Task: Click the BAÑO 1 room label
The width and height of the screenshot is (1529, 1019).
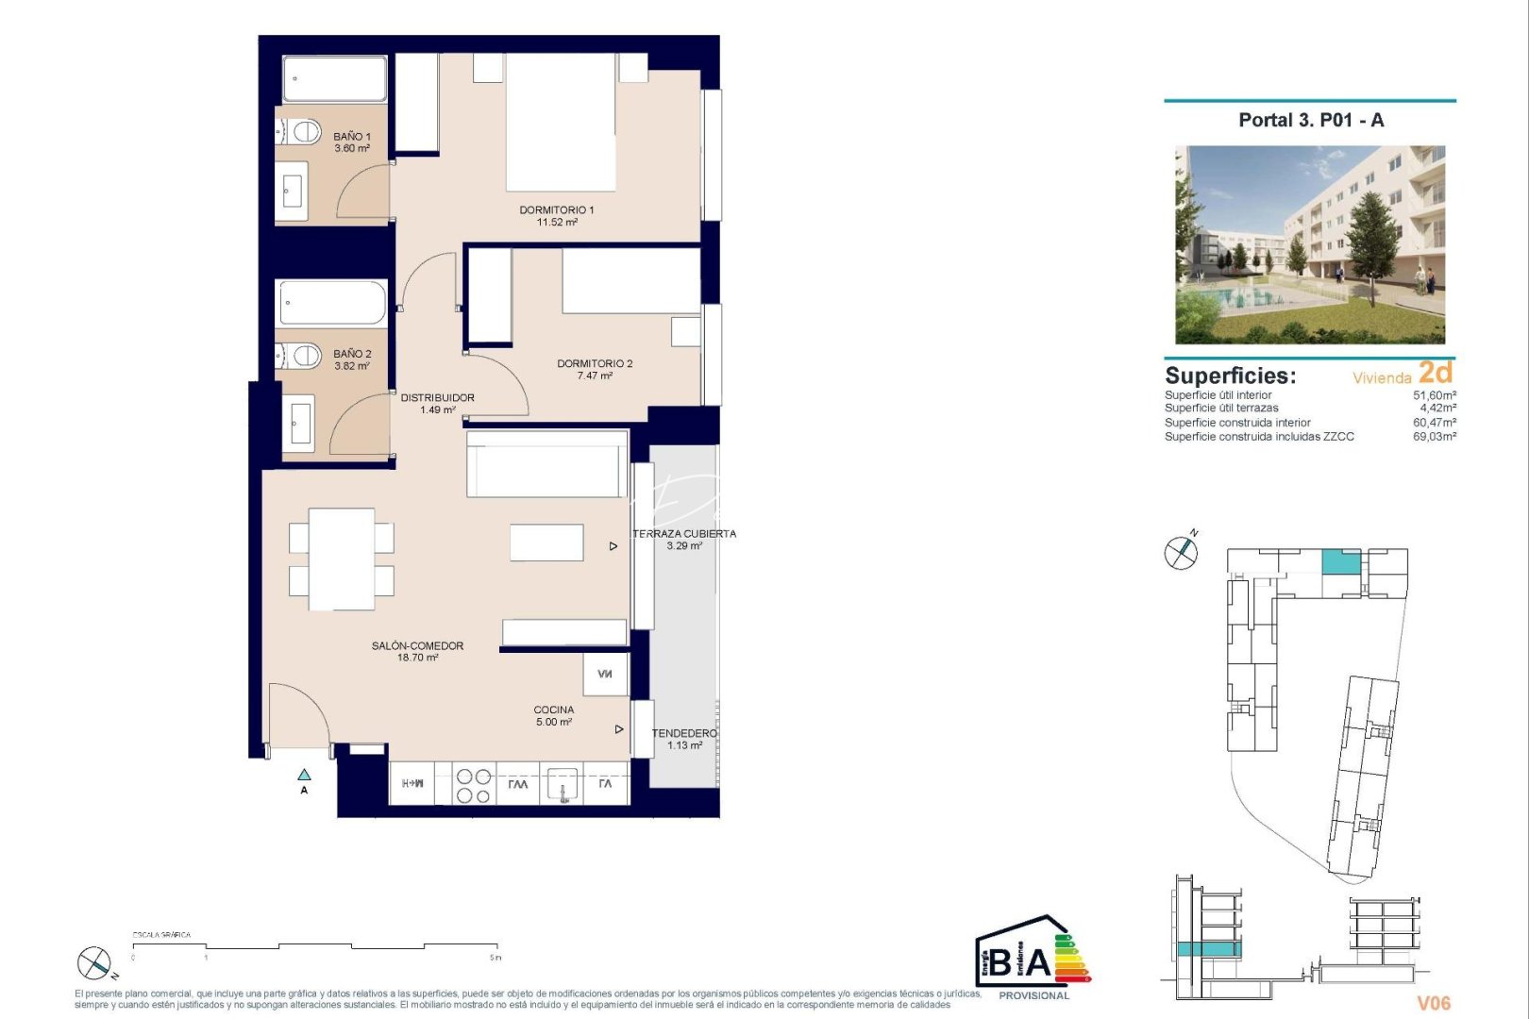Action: pyautogui.click(x=352, y=137)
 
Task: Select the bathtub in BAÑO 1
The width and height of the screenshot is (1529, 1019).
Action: pyautogui.click(x=334, y=79)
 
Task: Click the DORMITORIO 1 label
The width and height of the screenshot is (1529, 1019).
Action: pyautogui.click(x=557, y=210)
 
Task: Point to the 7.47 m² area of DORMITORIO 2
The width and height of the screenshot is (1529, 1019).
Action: pyautogui.click(x=595, y=376)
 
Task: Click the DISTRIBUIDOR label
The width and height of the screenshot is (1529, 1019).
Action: pyautogui.click(x=437, y=398)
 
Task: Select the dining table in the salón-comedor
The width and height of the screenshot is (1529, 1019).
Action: pyautogui.click(x=342, y=559)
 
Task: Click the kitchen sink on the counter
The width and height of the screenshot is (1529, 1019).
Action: pyautogui.click(x=563, y=785)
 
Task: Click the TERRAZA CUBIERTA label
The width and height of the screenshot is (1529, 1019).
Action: pyautogui.click(x=684, y=534)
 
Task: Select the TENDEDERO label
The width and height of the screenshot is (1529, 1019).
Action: pyautogui.click(x=684, y=733)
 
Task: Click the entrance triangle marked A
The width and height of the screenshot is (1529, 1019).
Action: pyautogui.click(x=304, y=775)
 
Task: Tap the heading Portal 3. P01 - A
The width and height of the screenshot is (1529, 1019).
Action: pyautogui.click(x=1310, y=120)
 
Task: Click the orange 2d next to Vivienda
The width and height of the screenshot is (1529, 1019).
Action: pyautogui.click(x=1436, y=374)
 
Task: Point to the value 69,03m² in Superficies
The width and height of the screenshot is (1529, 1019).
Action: pyautogui.click(x=1434, y=437)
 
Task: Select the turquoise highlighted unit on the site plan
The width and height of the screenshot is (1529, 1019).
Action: pyautogui.click(x=1340, y=561)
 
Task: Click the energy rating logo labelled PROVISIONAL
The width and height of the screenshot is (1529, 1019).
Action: pyautogui.click(x=1033, y=957)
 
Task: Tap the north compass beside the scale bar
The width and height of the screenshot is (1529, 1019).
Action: pyautogui.click(x=94, y=963)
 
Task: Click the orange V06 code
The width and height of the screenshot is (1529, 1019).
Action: pyautogui.click(x=1433, y=1003)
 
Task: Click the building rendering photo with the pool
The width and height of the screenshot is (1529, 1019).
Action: pyautogui.click(x=1309, y=244)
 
